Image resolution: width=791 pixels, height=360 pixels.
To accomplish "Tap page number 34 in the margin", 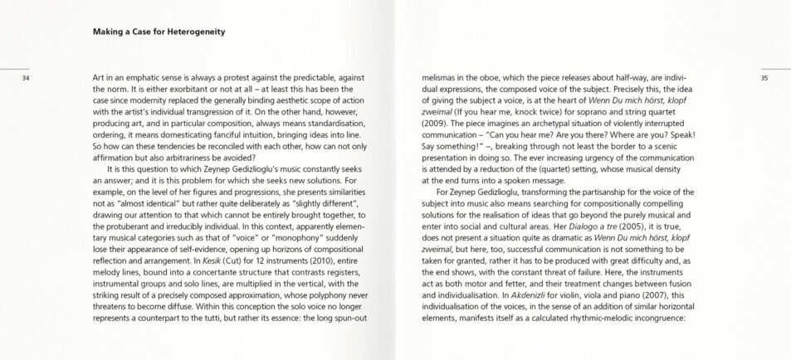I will [x=25, y=79].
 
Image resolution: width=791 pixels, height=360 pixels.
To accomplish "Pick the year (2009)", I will [x=438, y=120].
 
